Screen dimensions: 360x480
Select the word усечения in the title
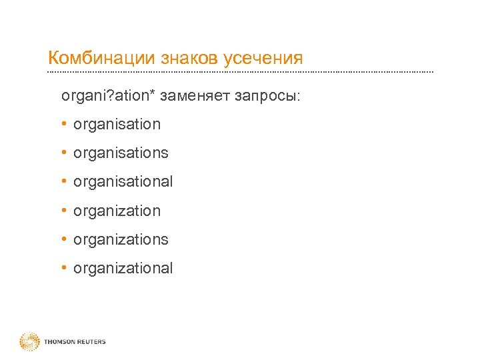(x=263, y=58)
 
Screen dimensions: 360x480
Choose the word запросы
(x=267, y=97)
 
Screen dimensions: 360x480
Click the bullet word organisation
(x=117, y=124)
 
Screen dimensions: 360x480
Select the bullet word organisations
(x=121, y=153)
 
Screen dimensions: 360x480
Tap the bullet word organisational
(x=123, y=181)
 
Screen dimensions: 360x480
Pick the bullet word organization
(x=117, y=211)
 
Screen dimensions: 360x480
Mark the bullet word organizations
(x=121, y=239)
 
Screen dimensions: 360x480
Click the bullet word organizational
(x=123, y=268)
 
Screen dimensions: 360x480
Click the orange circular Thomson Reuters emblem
(x=30, y=342)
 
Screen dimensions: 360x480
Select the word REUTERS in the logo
(x=91, y=342)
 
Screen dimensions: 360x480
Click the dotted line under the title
(x=240, y=72)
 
